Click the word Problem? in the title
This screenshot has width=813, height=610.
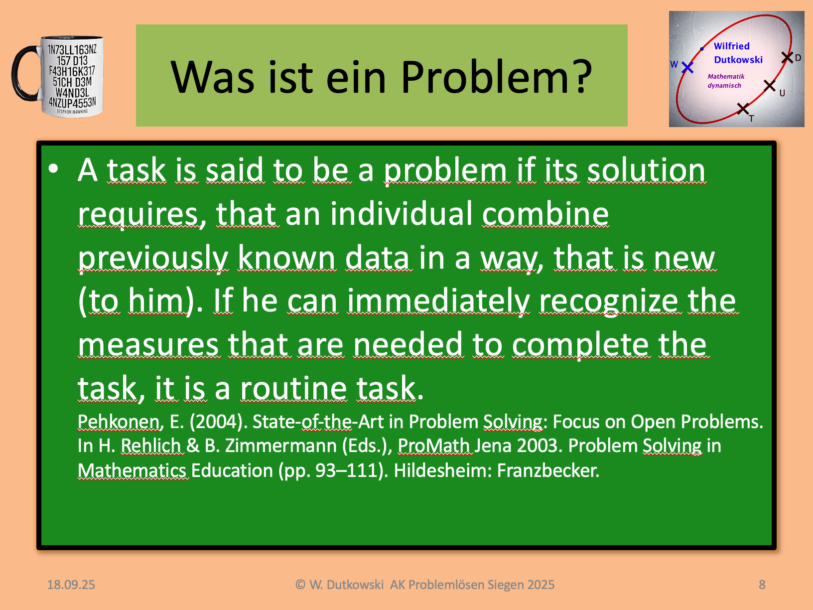pyautogui.click(x=497, y=77)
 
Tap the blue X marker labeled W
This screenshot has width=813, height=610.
pyautogui.click(x=687, y=67)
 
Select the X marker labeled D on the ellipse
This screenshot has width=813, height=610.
pyautogui.click(x=787, y=57)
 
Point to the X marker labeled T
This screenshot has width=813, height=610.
pyautogui.click(x=743, y=109)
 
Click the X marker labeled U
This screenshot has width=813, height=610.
pyautogui.click(x=770, y=86)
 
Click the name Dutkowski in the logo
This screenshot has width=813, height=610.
pyautogui.click(x=738, y=60)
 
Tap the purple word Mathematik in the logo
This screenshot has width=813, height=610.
pyautogui.click(x=726, y=76)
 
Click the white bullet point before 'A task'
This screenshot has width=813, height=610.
pyautogui.click(x=53, y=168)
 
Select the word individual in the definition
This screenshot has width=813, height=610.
pyautogui.click(x=401, y=214)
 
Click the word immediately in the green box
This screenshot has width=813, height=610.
pyautogui.click(x=438, y=301)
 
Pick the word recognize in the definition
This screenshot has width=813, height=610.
pyautogui.click(x=610, y=301)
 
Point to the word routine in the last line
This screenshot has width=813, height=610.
pyautogui.click(x=294, y=388)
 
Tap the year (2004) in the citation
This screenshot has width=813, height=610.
pyautogui.click(x=219, y=422)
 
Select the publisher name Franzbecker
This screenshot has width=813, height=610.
pyautogui.click(x=548, y=470)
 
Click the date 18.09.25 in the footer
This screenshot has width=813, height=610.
pyautogui.click(x=71, y=585)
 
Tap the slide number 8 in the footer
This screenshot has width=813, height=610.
pyautogui.click(x=762, y=585)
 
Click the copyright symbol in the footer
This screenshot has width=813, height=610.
pyautogui.click(x=300, y=585)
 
